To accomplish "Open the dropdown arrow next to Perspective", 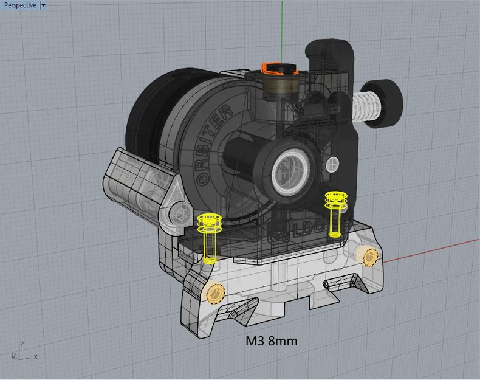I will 43,5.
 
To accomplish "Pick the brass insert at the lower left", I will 214,293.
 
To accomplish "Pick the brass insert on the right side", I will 369,258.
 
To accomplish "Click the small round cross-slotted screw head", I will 332,163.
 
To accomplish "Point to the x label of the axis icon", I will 36,356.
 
